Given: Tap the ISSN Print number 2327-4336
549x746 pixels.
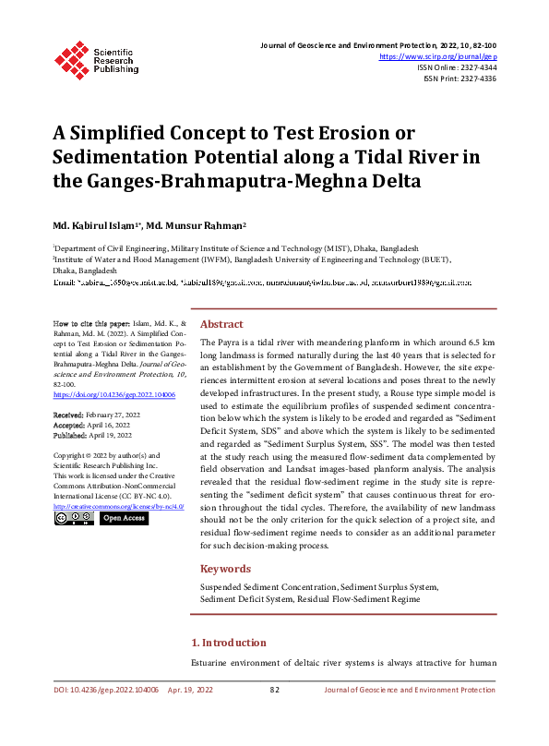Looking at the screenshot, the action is [x=475, y=79].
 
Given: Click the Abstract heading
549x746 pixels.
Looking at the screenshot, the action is [x=221, y=325].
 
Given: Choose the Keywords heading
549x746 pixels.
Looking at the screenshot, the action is [x=225, y=569].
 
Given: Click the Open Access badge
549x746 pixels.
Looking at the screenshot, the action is [x=124, y=519].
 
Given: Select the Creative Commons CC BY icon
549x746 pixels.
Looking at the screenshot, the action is [x=74, y=519].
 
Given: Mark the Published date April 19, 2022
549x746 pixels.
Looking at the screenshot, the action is [x=111, y=435].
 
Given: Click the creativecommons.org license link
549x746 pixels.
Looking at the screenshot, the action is [x=118, y=507].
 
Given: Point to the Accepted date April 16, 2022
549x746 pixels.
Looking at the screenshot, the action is [x=109, y=426].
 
